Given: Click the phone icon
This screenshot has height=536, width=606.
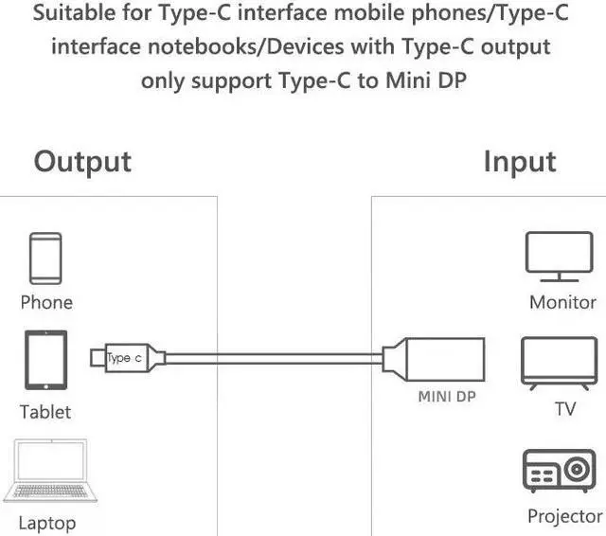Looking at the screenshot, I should point(45,258).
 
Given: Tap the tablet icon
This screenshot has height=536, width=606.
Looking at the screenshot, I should point(45,360).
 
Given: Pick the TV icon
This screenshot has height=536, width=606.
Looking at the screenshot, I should point(559,364).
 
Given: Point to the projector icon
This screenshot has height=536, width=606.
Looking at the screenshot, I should point(559,472).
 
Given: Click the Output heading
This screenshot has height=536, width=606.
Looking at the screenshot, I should point(82,161).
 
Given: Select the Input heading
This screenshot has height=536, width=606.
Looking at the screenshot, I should point(520,161).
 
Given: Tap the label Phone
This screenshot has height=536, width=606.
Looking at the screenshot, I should point(46,303).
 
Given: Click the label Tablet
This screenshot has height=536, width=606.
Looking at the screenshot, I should point(45,412).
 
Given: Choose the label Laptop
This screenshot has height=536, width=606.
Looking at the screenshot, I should point(46,522).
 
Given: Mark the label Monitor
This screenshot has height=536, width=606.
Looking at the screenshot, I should point(562,303).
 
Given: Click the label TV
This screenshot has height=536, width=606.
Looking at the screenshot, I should point(564,410).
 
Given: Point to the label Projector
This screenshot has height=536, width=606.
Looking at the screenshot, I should point(564,516).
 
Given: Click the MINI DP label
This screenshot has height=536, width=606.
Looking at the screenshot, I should point(446,398).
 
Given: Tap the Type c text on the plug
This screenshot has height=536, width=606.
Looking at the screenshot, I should point(124,358).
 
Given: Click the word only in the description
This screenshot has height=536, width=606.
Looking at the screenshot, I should point(165,80).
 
